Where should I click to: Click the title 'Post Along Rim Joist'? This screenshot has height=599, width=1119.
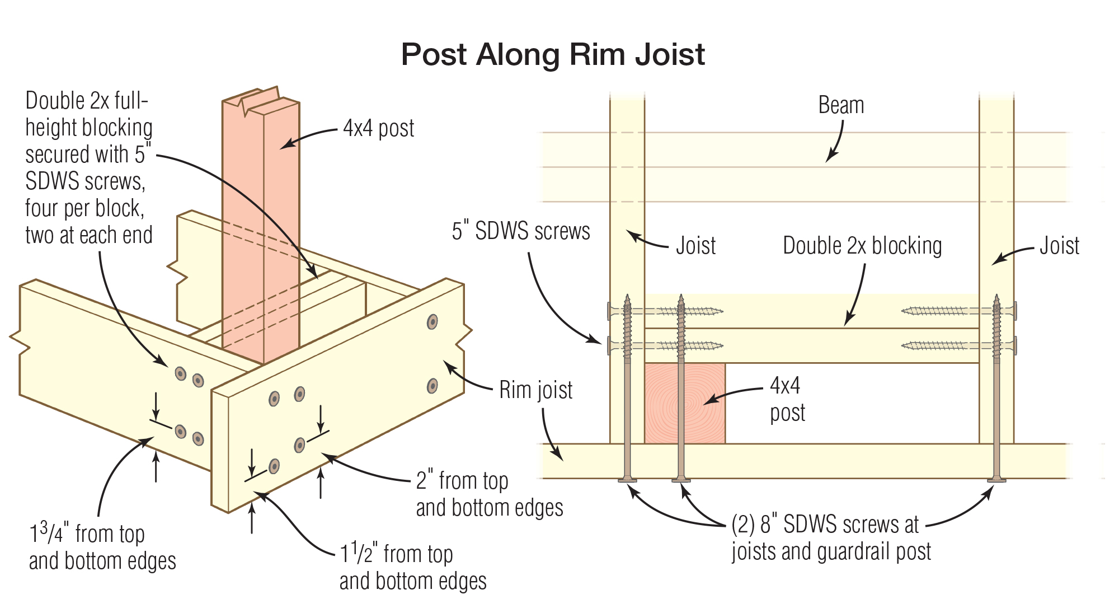pyautogui.click(x=553, y=54)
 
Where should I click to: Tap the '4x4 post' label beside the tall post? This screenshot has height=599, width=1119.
pyautogui.click(x=378, y=129)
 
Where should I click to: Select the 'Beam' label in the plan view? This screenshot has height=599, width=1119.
pyautogui.click(x=841, y=105)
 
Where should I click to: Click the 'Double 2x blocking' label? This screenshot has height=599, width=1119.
pyautogui.click(x=862, y=246)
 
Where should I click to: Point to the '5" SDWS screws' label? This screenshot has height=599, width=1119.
pyautogui.click(x=520, y=231)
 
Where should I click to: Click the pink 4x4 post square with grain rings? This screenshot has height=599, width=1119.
pyautogui.click(x=685, y=403)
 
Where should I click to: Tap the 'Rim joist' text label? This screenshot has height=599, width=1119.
pyautogui.click(x=535, y=390)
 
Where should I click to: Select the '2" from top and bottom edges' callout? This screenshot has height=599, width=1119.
pyautogui.click(x=489, y=494)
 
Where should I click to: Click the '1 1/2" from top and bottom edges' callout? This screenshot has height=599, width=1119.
pyautogui.click(x=413, y=567)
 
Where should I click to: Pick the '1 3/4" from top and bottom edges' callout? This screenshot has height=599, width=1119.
pyautogui.click(x=102, y=547)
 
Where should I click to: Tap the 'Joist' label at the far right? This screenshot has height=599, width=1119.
pyautogui.click(x=1059, y=246)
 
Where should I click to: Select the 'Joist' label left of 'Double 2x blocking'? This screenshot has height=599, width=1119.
pyautogui.click(x=695, y=246)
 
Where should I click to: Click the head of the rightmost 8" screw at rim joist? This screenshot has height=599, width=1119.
pyautogui.click(x=996, y=480)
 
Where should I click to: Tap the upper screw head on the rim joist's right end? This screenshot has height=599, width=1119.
pyautogui.click(x=432, y=322)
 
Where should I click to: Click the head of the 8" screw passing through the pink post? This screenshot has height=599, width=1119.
pyautogui.click(x=680, y=480)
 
